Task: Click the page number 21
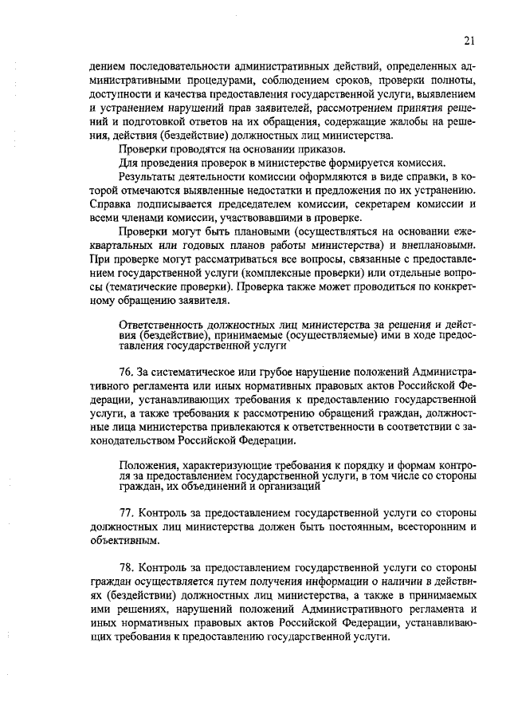[x=469, y=41]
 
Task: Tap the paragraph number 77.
[x=124, y=509]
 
